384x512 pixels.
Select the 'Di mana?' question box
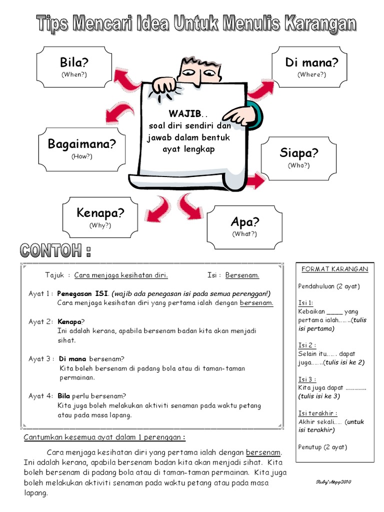[x=311, y=66]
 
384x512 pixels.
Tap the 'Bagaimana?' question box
[x=81, y=148]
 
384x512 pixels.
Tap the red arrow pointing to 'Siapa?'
[x=255, y=180]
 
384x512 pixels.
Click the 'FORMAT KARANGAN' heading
[x=334, y=269]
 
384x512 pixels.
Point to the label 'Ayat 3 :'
[x=41, y=358]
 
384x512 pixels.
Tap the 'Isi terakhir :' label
[x=317, y=413]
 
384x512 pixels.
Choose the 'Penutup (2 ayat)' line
[x=322, y=447]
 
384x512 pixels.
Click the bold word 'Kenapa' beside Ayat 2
[x=69, y=321]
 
